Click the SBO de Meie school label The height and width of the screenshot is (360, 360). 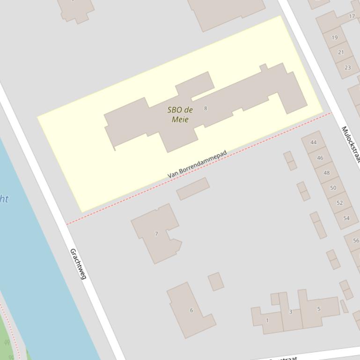pos(180,115)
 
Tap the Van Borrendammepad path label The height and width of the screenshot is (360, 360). pos(197,164)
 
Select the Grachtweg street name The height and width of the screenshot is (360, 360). pos(78,264)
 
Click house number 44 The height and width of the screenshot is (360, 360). pos(313,142)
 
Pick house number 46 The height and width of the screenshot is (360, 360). pos(320,158)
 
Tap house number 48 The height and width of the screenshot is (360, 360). pos(326,173)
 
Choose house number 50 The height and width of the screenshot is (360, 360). pos(333,187)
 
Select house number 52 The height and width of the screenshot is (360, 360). pos(339,202)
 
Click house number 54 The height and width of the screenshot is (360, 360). pos(346,218)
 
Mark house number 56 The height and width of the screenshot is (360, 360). pos(356,240)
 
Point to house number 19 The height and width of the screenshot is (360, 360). pos(334,37)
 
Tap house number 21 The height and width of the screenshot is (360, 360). pos(341,52)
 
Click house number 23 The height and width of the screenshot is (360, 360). pos(347,67)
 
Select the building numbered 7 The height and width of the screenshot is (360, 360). pos(156,233)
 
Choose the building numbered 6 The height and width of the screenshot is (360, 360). pos(191,310)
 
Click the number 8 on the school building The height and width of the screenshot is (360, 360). pos(206,108)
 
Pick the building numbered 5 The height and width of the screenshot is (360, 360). pos(319,309)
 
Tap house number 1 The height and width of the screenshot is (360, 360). pos(267,320)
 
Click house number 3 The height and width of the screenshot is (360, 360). pos(290,311)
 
